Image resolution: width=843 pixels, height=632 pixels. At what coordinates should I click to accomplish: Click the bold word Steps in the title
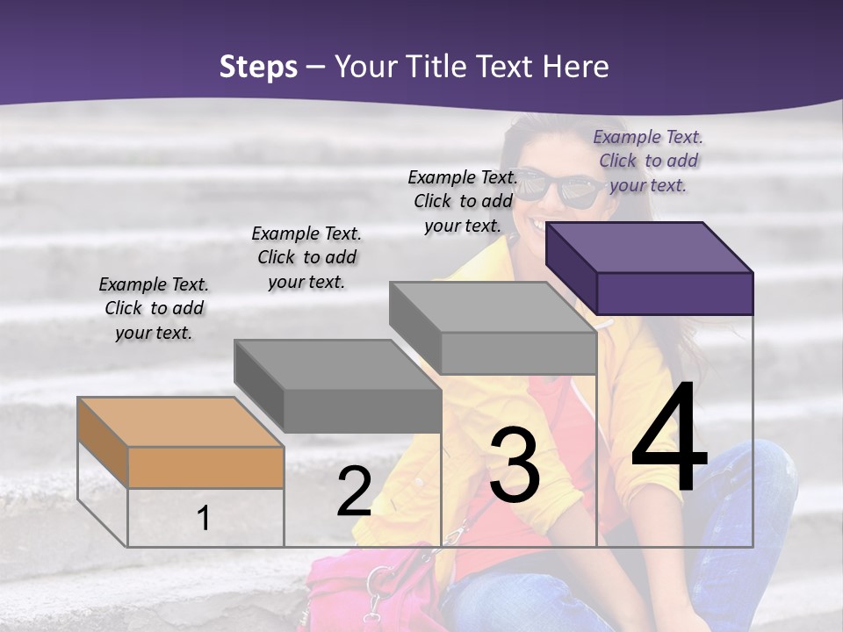tap(258, 67)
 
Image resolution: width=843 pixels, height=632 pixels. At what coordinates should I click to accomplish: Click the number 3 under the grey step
tap(515, 465)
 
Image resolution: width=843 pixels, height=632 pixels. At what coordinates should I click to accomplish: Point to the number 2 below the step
tap(354, 492)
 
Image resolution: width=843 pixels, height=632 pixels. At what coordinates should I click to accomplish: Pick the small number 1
tap(204, 519)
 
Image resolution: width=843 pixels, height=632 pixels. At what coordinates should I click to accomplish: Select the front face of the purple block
tap(674, 293)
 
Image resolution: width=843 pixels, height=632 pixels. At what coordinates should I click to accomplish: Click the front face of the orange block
tap(205, 467)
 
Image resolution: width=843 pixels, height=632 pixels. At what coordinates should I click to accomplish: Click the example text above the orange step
tap(154, 308)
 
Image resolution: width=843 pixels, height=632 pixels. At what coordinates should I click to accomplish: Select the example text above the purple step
tap(648, 161)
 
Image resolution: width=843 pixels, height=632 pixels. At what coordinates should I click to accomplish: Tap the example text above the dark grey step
tap(306, 257)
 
